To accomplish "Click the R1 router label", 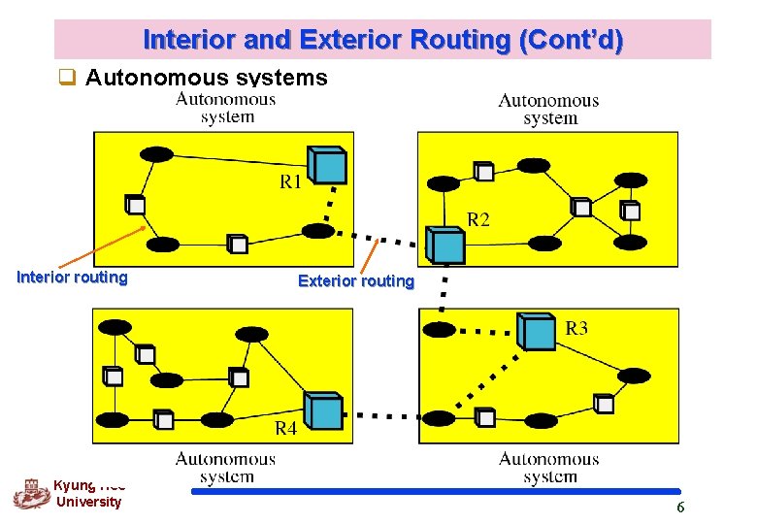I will click(x=291, y=181).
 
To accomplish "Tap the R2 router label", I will click(x=478, y=220).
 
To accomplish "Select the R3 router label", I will click(x=576, y=329).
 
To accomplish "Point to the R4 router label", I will click(x=285, y=429).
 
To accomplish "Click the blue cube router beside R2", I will click(x=447, y=246).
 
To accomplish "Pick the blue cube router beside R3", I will click(x=537, y=331).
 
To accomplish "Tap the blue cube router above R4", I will click(x=323, y=410).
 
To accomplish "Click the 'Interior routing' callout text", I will click(x=72, y=278).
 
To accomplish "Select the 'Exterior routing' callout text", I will click(x=355, y=281).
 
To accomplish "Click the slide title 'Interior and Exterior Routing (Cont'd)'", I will click(x=382, y=41).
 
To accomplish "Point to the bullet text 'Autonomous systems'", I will click(x=207, y=77).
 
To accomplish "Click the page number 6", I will click(x=680, y=508).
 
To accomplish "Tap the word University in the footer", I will click(x=88, y=502).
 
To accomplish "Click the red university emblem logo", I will click(x=30, y=493).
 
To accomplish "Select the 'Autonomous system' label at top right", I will click(x=548, y=109).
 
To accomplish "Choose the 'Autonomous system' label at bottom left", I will click(x=225, y=467).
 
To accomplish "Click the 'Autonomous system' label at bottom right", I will click(x=548, y=467).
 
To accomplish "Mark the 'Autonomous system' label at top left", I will click(x=225, y=107).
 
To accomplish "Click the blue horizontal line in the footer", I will click(x=437, y=492).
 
